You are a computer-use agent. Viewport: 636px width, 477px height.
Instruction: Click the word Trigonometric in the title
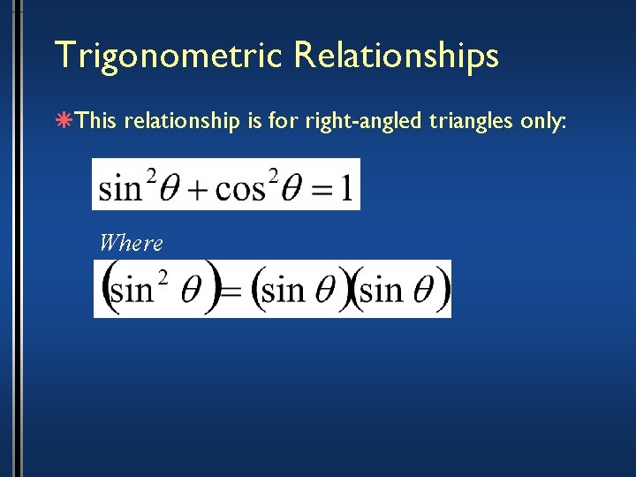[x=168, y=55]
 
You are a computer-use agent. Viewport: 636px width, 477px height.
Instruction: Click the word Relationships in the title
[x=397, y=55]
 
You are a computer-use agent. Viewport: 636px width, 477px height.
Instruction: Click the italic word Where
[x=132, y=242]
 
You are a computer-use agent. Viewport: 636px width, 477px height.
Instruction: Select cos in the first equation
[x=239, y=190]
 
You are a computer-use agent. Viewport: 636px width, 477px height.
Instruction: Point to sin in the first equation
[x=120, y=189]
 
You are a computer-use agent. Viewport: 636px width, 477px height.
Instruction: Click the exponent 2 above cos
[x=274, y=175]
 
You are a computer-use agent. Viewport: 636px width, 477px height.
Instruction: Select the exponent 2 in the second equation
[x=162, y=277]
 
